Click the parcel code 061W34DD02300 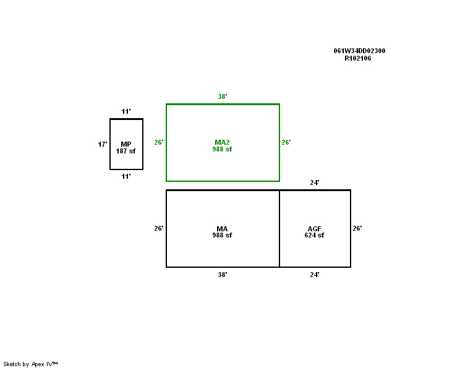click(359, 51)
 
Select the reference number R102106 click(358, 58)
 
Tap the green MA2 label click(222, 142)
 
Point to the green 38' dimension click(223, 96)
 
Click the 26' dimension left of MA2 click(159, 142)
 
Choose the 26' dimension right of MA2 click(286, 142)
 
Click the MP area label click(126, 144)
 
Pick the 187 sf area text click(126, 151)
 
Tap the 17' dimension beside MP click(103, 144)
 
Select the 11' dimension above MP click(126, 111)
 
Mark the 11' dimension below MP click(126, 176)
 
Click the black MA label click(222, 229)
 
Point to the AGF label click(315, 229)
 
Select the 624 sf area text click(315, 235)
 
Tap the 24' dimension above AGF click(315, 182)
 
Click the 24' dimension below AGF click(315, 275)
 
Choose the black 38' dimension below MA click(223, 275)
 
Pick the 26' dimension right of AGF click(357, 228)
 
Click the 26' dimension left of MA click(159, 228)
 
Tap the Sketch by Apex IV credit click(30, 364)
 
